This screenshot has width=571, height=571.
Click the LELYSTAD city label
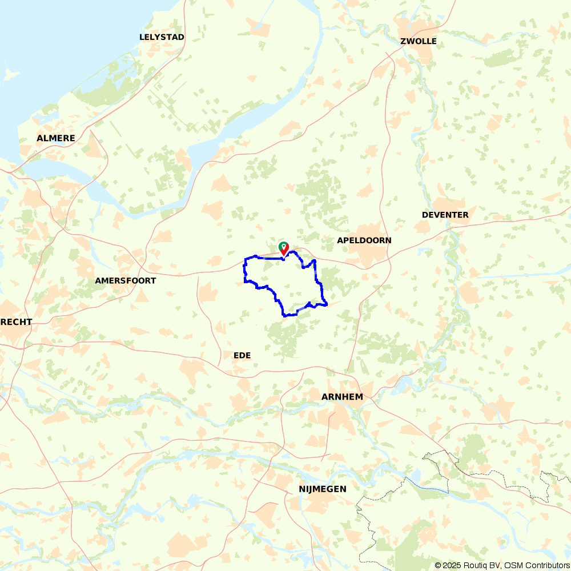(x=162, y=37)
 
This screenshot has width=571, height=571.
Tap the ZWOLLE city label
(x=419, y=41)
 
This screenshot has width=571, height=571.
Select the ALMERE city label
(x=56, y=138)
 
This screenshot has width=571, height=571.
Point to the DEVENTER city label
(x=445, y=215)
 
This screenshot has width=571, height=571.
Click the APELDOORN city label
(x=364, y=240)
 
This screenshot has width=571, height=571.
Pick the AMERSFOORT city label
(x=125, y=280)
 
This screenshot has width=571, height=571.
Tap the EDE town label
(x=242, y=355)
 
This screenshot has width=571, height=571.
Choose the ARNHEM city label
(x=342, y=396)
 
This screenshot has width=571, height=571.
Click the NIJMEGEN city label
(x=323, y=489)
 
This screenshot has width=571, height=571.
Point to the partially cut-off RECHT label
(x=16, y=322)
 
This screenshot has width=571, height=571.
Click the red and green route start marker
(x=283, y=248)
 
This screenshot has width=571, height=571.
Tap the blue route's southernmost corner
(x=284, y=315)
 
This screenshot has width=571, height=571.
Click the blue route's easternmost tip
(x=327, y=305)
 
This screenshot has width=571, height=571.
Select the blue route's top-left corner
(x=246, y=259)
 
